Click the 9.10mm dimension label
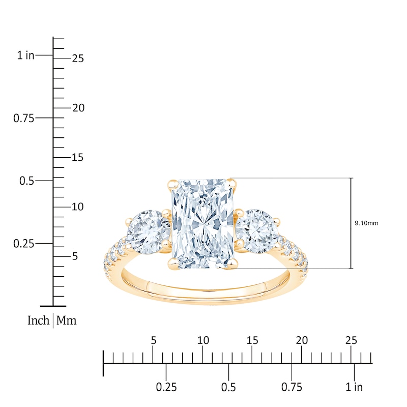(x=366, y=223)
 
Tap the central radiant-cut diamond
(x=203, y=223)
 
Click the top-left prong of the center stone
(x=172, y=185)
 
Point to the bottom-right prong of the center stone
(x=233, y=264)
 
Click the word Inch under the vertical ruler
(x=39, y=321)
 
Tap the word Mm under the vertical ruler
(x=67, y=321)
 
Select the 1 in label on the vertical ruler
(x=26, y=55)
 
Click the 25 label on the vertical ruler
(x=78, y=59)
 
